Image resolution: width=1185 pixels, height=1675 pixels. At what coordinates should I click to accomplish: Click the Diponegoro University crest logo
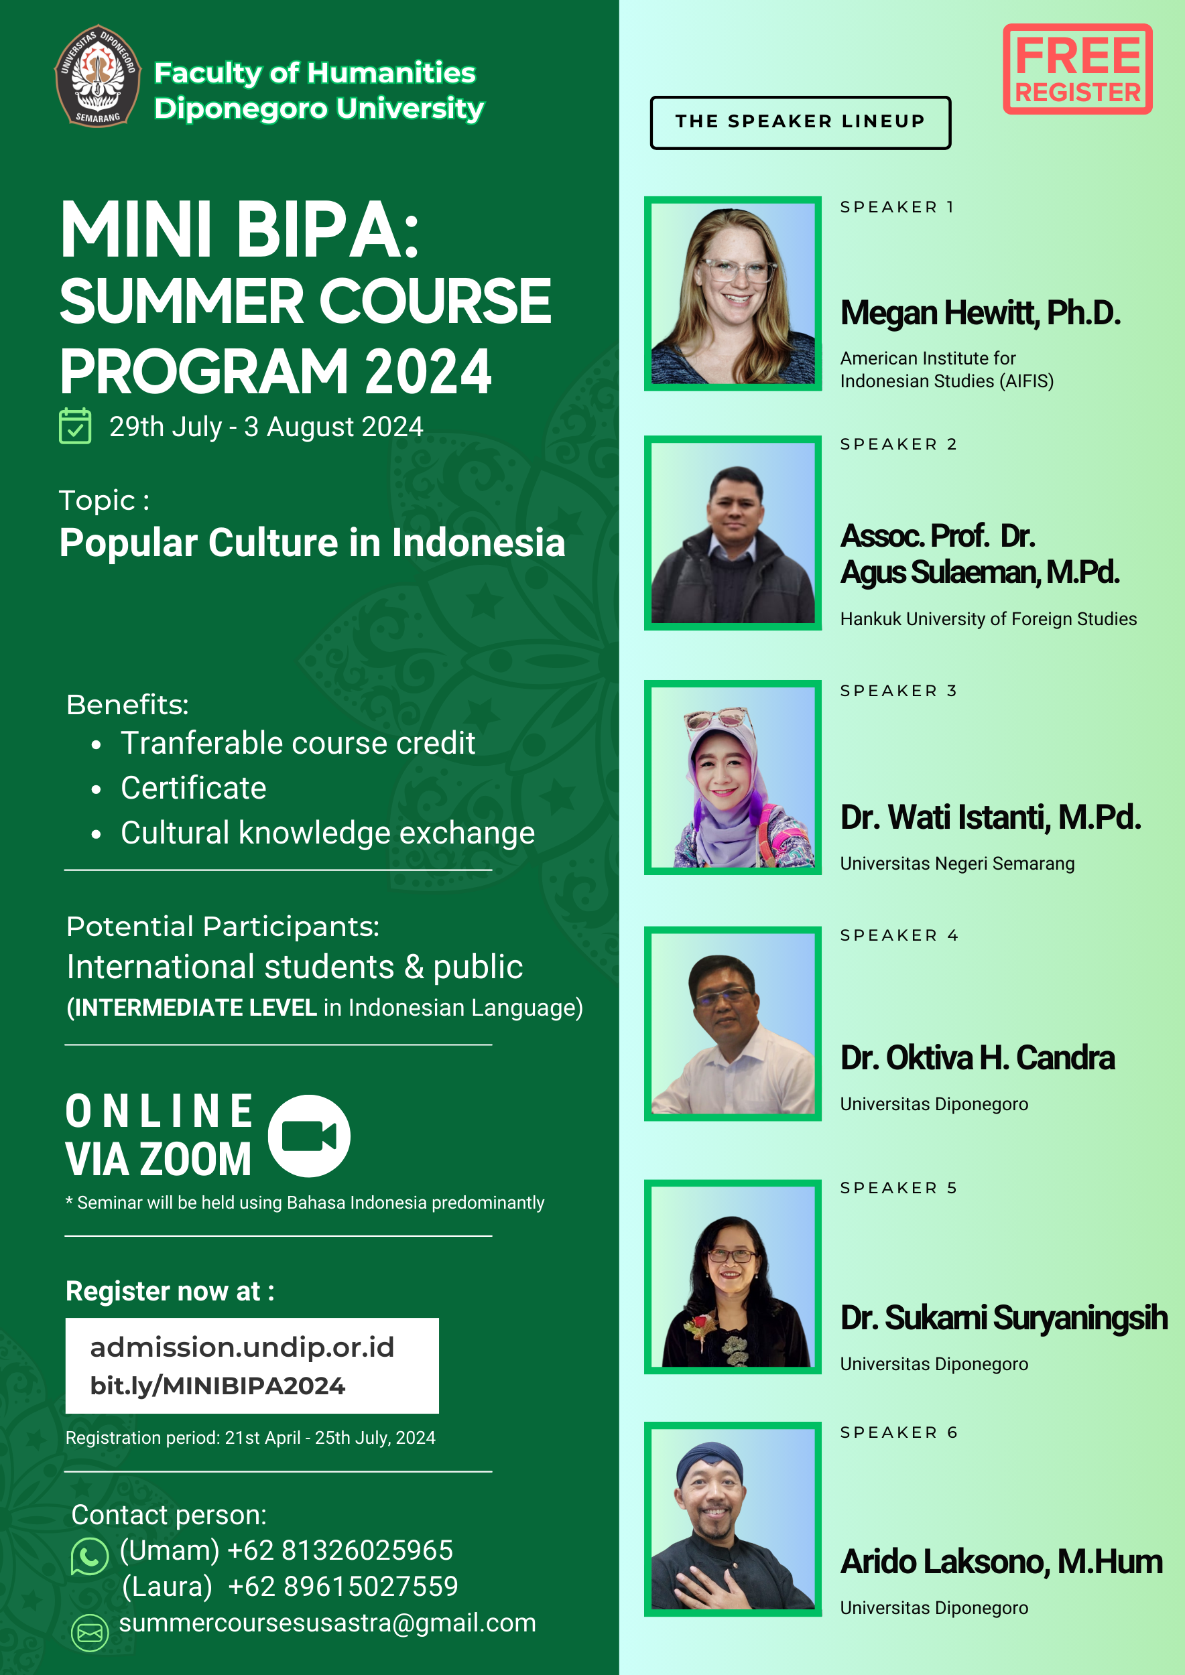click(98, 76)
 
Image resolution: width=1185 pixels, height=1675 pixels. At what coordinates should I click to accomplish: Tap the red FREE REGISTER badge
click(1077, 69)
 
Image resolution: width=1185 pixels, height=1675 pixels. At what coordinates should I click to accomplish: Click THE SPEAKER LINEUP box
click(800, 123)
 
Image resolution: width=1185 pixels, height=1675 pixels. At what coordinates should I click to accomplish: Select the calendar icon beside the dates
click(75, 426)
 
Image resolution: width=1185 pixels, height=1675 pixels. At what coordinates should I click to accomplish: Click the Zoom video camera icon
click(309, 1136)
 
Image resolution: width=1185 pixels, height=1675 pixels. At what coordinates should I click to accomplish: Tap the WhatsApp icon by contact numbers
click(89, 1557)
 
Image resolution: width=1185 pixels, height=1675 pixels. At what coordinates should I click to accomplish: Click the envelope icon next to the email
click(90, 1633)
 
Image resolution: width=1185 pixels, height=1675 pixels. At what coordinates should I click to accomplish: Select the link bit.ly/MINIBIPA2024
click(217, 1386)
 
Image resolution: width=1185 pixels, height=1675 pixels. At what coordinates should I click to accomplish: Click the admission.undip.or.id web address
click(241, 1347)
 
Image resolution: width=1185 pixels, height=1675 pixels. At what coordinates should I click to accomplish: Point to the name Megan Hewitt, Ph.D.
click(980, 313)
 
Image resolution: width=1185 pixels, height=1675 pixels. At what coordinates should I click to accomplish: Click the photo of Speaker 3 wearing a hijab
click(733, 777)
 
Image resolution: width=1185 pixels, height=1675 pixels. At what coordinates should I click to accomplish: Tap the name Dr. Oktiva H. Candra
click(978, 1058)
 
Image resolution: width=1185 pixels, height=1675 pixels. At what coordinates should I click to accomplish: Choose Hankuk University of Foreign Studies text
click(988, 618)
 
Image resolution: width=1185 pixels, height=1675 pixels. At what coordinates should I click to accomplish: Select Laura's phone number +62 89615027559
click(343, 1586)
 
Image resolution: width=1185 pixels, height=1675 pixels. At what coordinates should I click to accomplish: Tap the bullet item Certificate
click(193, 788)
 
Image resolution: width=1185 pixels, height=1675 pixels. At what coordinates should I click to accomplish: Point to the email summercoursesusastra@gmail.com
click(328, 1623)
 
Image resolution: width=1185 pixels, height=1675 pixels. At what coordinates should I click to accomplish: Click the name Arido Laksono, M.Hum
click(1001, 1562)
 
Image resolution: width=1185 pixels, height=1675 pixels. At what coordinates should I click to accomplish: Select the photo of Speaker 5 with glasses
click(733, 1276)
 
